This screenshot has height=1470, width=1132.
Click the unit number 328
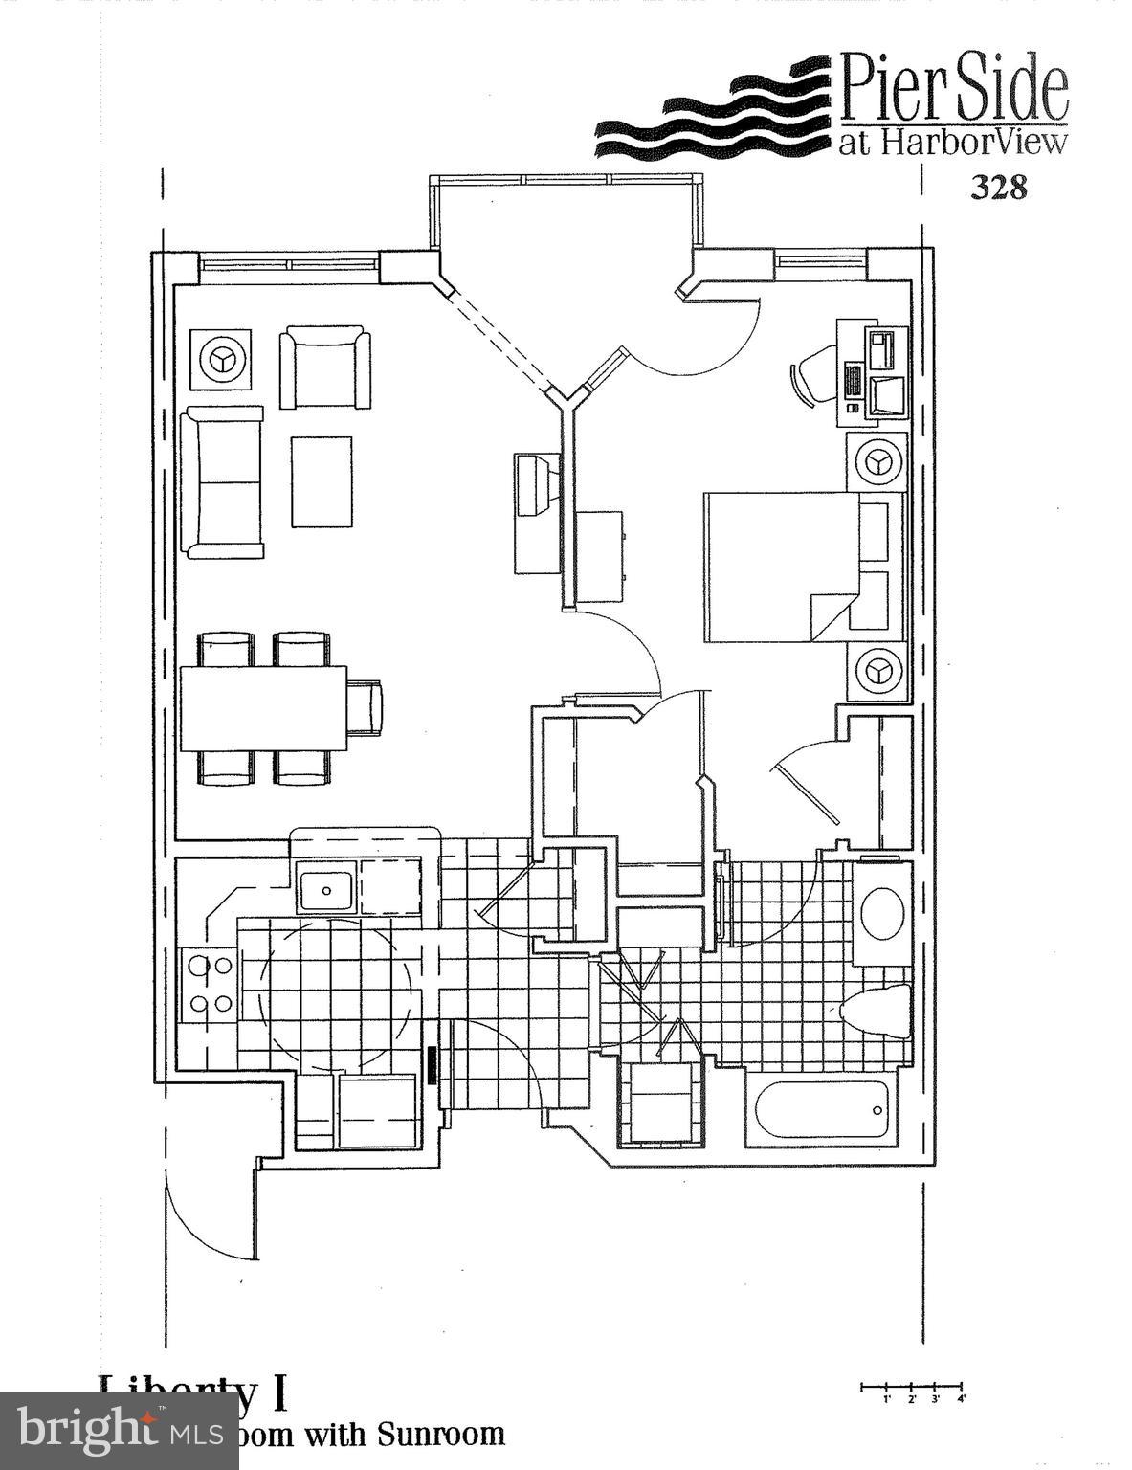[x=998, y=187]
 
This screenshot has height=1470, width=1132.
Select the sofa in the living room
[x=224, y=482]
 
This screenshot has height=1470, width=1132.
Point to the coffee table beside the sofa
[x=322, y=481]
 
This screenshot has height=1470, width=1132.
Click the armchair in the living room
[x=324, y=367]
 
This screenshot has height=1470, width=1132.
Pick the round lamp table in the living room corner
[x=221, y=360]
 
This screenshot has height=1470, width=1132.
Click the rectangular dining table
[x=263, y=709]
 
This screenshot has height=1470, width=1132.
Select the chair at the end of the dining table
[x=365, y=708]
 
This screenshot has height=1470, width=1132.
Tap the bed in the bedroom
[x=780, y=567]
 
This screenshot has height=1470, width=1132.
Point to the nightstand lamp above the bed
[x=876, y=462]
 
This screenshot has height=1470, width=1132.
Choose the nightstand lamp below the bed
[x=876, y=671]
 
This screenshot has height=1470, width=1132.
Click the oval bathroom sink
[x=882, y=912]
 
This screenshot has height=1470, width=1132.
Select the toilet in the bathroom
[x=875, y=1011]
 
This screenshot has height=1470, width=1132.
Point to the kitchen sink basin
[x=326, y=887]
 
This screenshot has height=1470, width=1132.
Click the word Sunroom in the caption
[x=440, y=1433]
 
